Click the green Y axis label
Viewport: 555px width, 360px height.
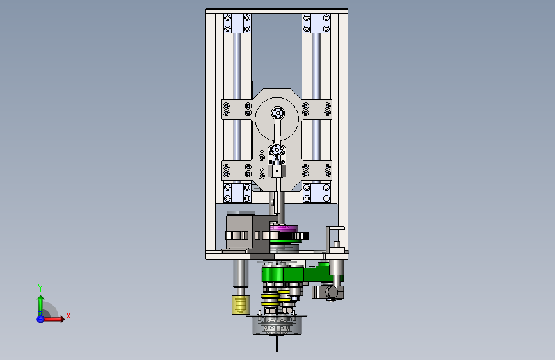click(40, 288)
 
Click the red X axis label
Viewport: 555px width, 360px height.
click(68, 316)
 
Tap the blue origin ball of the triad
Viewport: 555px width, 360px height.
click(40, 319)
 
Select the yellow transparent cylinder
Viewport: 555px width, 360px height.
click(241, 305)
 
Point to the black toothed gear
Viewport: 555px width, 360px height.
click(296, 236)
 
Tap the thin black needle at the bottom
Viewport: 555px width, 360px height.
click(277, 343)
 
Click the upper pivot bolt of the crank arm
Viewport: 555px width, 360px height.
click(278, 113)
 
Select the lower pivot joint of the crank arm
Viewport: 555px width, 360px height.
click(277, 151)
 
